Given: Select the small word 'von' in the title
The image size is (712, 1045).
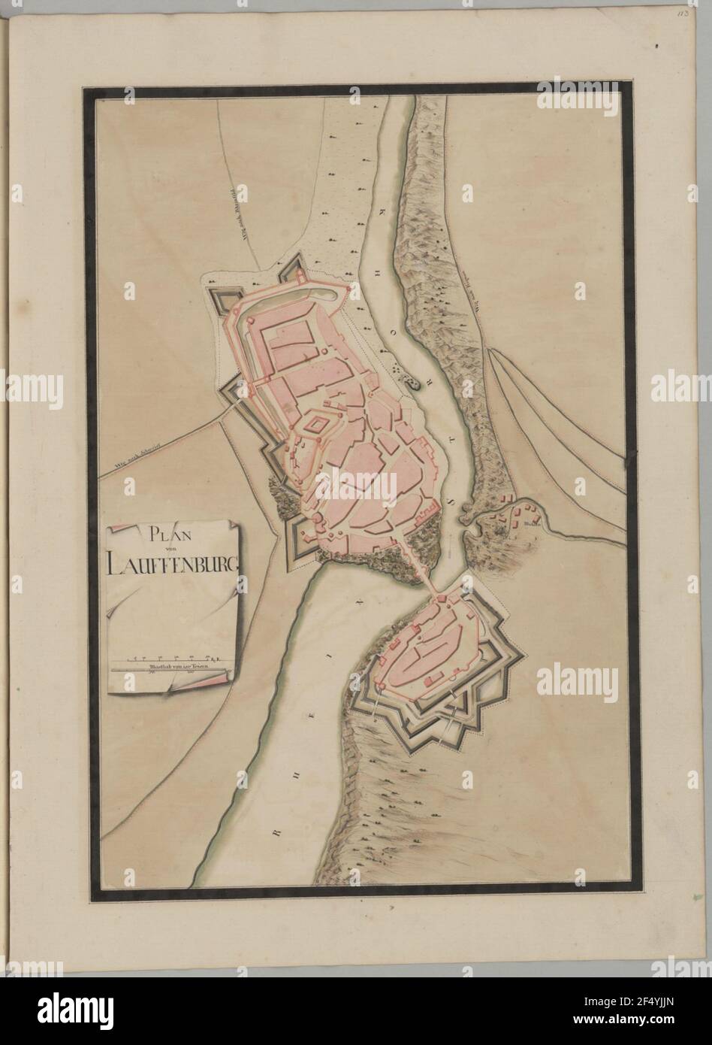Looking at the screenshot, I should (x=173, y=550).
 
